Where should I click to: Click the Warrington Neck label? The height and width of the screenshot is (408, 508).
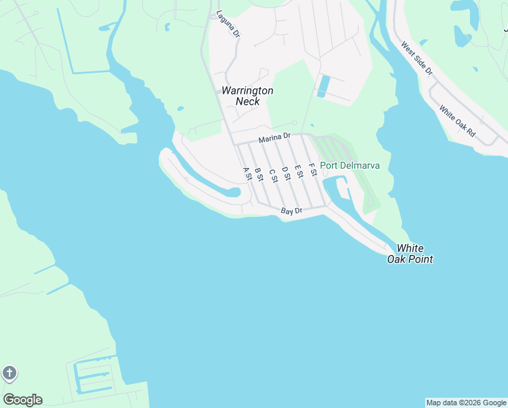tap(247, 96)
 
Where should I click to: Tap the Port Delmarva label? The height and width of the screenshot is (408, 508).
tap(350, 166)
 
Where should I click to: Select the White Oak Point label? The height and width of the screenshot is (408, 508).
tap(410, 254)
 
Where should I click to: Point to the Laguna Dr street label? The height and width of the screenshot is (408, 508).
tap(228, 24)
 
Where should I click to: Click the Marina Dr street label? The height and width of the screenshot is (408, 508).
tap(274, 139)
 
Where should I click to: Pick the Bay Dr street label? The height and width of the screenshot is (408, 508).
tap(291, 212)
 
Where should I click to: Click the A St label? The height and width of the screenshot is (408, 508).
tap(247, 174)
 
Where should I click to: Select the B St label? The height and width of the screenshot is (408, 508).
tap(259, 174)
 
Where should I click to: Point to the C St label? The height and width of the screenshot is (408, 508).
tap(273, 175)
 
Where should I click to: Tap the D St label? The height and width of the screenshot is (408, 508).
tap(286, 173)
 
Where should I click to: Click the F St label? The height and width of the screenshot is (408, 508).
tap(312, 169)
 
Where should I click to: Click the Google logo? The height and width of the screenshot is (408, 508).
tap(22, 400)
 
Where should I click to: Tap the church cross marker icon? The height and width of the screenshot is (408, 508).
tap(9, 373)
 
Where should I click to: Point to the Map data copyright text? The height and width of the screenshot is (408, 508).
tap(466, 403)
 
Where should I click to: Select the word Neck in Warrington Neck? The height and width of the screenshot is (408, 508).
tap(247, 102)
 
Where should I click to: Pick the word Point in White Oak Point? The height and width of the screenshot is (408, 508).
tap(419, 259)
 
